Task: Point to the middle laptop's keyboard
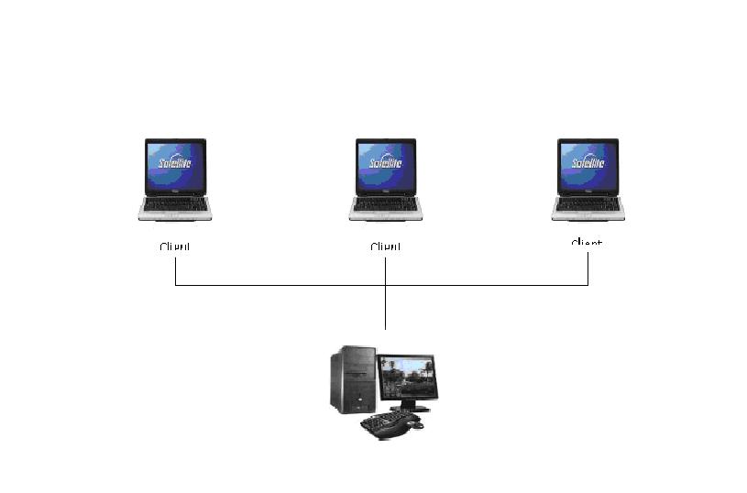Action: tap(385, 204)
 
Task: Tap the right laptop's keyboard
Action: tap(588, 204)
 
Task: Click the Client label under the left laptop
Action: tap(174, 246)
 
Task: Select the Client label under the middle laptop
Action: tap(386, 246)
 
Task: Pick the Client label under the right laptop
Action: tap(587, 243)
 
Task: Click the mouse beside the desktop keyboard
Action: tap(417, 424)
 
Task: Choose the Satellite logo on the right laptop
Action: tap(588, 163)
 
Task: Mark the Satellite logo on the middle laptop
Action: tap(385, 163)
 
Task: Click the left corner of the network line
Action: tap(175, 285)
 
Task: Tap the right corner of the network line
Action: tap(588, 285)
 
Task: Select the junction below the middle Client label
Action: tap(386, 285)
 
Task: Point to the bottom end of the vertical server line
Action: tap(386, 328)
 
